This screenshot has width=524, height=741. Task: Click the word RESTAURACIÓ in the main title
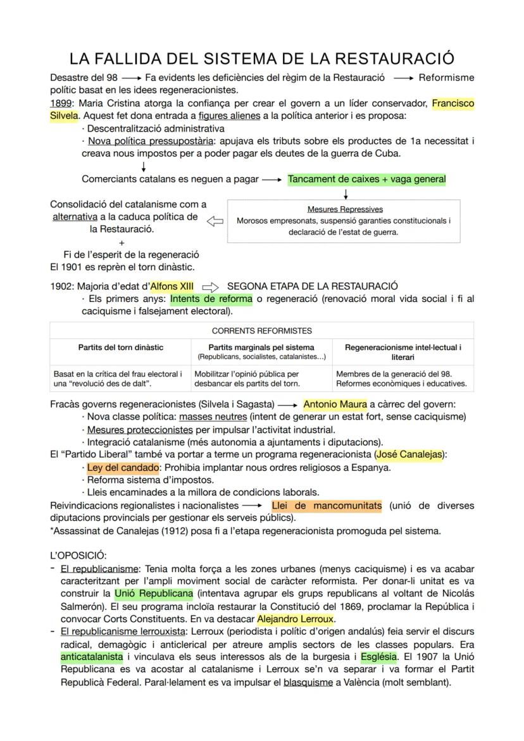pos(394,59)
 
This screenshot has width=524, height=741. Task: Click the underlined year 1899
pos(61,103)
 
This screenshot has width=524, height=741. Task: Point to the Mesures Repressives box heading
pos(344,209)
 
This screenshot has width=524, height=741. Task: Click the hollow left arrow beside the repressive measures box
pos(216,221)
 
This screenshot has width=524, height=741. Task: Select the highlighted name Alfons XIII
pos(172,286)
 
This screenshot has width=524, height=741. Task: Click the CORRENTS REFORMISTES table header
pos(261,330)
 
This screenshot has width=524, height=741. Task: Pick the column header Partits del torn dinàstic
pos(120,347)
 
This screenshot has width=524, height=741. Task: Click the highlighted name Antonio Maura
pos(335,404)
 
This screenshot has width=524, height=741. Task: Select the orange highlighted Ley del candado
pos(123,468)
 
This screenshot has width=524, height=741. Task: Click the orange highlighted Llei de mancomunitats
pos(327,506)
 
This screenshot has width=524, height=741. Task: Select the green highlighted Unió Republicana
pos(153,594)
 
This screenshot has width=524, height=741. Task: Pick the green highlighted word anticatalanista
pos(92,657)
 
